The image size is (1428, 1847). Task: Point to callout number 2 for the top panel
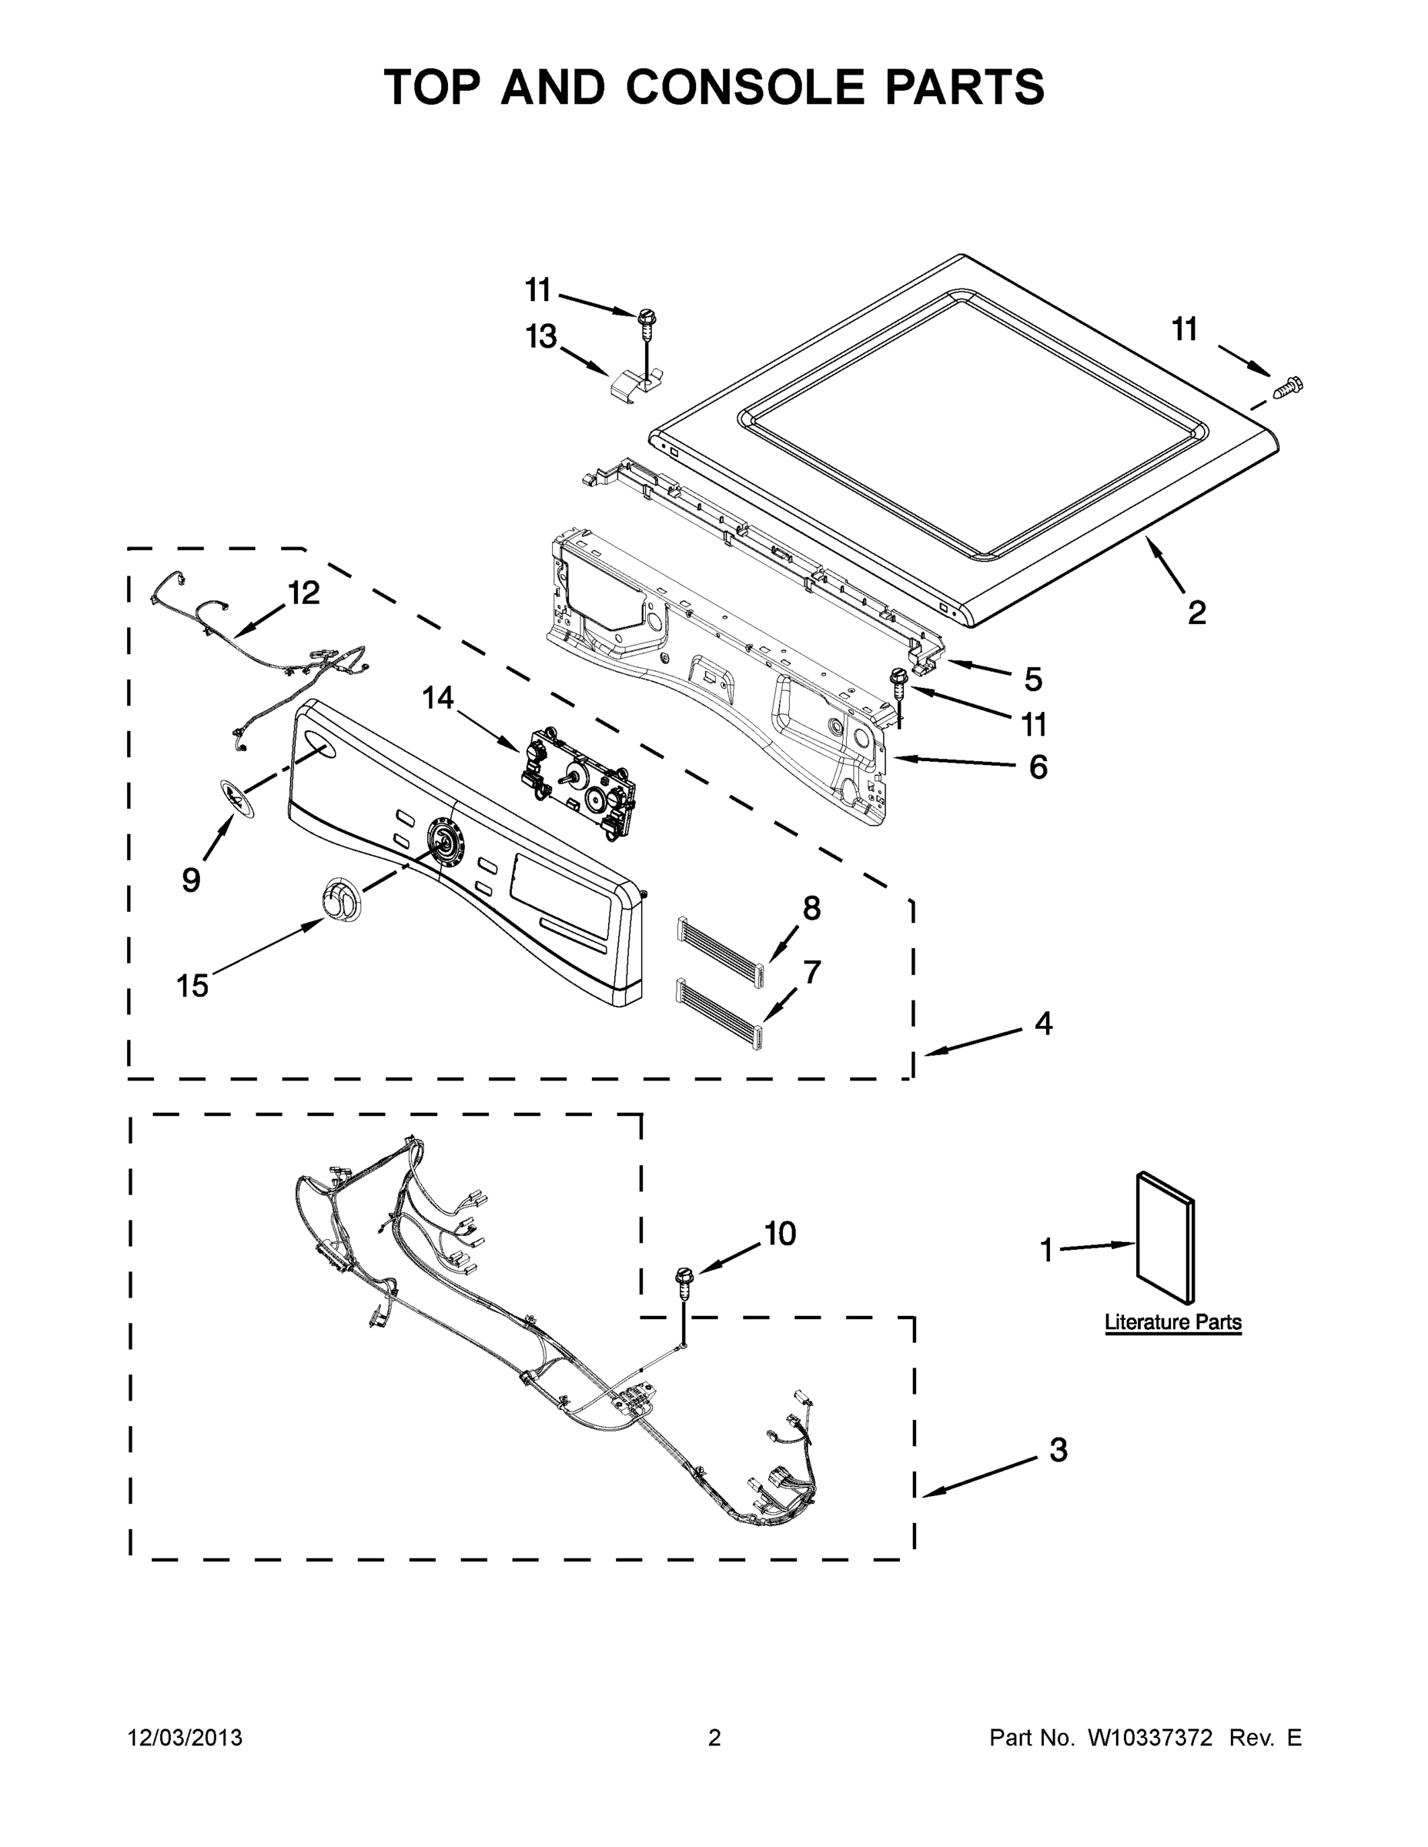(x=1196, y=613)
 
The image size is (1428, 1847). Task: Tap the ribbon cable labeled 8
(x=719, y=941)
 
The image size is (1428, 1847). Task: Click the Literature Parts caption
(x=1172, y=1322)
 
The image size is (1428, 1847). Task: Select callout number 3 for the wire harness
(x=1058, y=1451)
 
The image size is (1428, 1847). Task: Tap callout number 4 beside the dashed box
(x=1044, y=1024)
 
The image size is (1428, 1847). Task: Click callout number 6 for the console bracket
(x=1038, y=767)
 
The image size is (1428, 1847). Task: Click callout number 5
(x=1033, y=678)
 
